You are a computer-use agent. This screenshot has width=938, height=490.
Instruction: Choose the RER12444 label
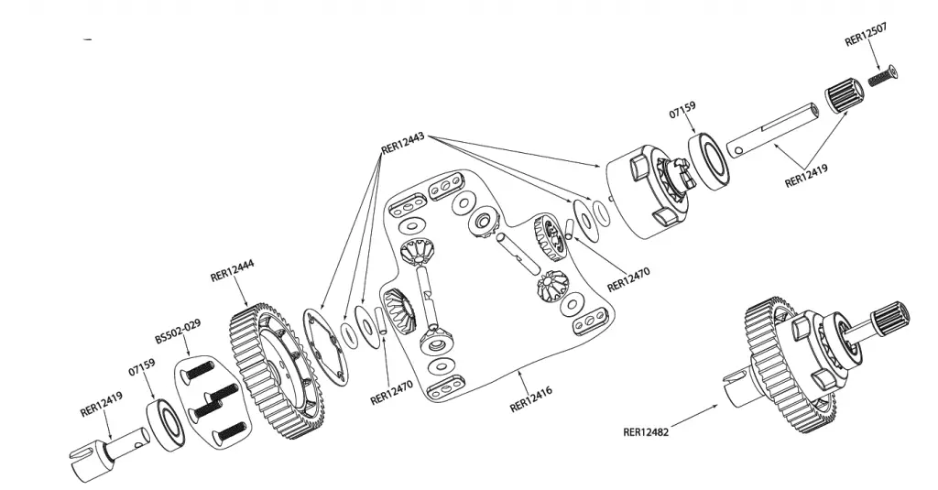[x=233, y=273]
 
